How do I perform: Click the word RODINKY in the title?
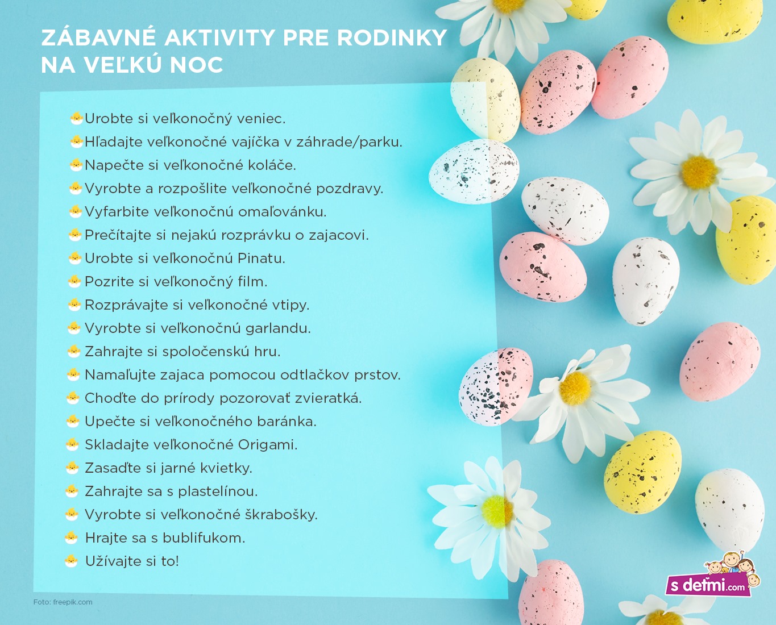point(392,38)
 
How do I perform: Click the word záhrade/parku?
point(349,143)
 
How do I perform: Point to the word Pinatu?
point(261,259)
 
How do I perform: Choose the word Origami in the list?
point(268,445)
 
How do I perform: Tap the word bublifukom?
point(204,537)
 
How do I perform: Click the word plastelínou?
point(218,491)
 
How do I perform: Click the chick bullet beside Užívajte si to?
point(72,561)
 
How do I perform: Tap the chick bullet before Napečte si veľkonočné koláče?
point(76,165)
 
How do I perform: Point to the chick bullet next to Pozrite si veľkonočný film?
point(74,281)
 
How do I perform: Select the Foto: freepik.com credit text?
point(63,602)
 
